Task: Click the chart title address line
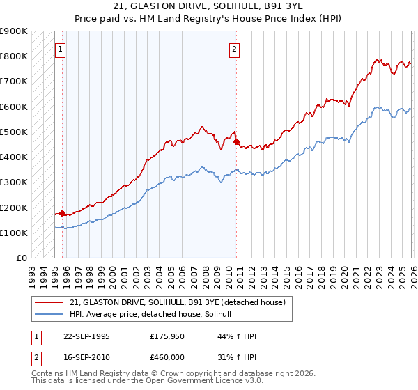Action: (209, 6)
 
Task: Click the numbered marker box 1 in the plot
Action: (61, 49)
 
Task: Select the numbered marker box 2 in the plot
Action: (235, 49)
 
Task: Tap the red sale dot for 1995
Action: (63, 213)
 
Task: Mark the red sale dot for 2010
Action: (236, 141)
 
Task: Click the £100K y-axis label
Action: (15, 233)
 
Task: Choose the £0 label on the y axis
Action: (21, 258)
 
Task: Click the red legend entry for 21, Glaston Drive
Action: (178, 302)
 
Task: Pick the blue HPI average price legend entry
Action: (155, 315)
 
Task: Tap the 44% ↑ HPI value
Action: (237, 336)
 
